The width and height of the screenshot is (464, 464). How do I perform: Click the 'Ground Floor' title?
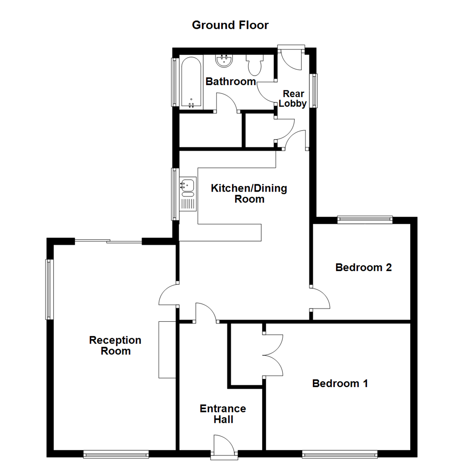pos(230,25)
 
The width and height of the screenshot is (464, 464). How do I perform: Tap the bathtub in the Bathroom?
pos(191,82)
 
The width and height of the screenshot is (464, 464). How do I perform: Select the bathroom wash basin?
pos(224,61)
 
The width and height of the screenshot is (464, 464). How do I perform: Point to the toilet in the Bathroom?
pos(254,65)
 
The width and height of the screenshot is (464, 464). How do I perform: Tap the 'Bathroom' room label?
pos(231,82)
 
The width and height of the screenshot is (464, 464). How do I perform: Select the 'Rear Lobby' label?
pos(294,98)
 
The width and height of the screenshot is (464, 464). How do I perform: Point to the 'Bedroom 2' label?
pos(363,268)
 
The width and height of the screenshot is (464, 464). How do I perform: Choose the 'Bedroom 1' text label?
pos(340,383)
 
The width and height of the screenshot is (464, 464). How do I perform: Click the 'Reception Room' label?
pos(115,345)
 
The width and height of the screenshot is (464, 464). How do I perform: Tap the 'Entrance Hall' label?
pos(223,414)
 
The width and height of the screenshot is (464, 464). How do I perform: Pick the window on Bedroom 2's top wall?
pos(365,220)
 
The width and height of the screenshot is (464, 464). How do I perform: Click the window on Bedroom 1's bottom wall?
pos(340,453)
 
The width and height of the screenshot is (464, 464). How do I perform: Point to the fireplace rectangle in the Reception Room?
pos(167,349)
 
